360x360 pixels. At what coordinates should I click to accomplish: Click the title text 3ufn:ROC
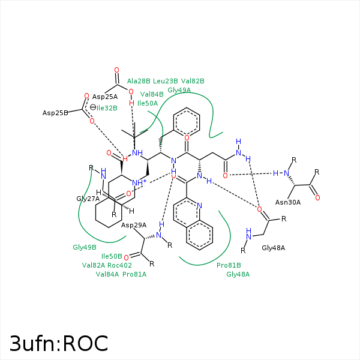(59, 343)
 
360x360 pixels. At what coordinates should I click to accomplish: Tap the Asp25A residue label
(106, 97)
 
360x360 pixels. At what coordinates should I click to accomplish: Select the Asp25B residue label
(55, 113)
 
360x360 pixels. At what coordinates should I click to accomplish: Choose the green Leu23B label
(166, 81)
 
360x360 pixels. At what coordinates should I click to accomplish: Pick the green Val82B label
(193, 81)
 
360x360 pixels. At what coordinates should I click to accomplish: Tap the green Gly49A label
(179, 90)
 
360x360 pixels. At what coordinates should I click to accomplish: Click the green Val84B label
(152, 94)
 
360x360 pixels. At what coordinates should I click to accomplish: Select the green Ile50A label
(148, 103)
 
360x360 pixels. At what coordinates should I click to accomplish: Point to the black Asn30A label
(287, 202)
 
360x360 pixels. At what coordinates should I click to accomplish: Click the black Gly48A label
(273, 247)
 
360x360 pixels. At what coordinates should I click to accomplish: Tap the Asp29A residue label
(134, 225)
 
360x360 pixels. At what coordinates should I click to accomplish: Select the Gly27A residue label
(88, 199)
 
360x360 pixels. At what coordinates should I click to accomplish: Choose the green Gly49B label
(85, 247)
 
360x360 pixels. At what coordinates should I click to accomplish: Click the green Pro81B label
(229, 265)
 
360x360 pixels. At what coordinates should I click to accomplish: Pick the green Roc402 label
(121, 265)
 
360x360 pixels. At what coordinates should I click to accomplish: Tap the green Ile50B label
(112, 256)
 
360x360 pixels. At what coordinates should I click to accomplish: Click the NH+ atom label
(139, 182)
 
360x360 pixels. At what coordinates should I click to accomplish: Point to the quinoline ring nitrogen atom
(200, 205)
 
